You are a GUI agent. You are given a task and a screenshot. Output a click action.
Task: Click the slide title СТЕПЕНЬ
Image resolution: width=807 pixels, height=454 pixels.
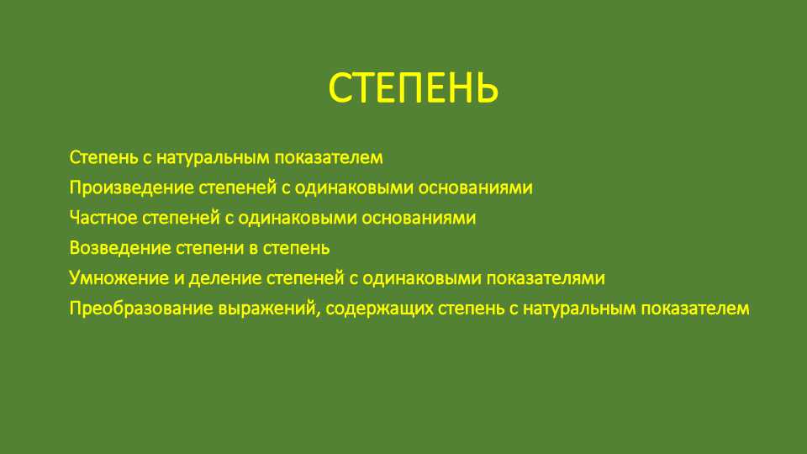click(414, 88)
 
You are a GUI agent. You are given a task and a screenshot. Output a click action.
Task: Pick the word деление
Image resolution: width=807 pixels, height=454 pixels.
click(225, 278)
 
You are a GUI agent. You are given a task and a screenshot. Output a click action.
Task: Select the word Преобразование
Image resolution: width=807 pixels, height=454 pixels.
click(141, 309)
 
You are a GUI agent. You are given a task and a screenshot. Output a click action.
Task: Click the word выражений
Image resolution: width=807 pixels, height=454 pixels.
click(266, 309)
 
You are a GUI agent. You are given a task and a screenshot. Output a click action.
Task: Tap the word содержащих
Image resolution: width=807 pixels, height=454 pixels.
click(379, 309)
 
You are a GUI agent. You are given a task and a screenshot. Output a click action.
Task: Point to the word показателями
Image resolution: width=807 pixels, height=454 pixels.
click(546, 278)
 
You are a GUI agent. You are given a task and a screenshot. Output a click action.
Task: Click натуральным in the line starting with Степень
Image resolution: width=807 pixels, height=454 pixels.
click(213, 158)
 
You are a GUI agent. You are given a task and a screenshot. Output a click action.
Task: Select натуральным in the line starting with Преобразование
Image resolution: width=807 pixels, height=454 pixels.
click(579, 309)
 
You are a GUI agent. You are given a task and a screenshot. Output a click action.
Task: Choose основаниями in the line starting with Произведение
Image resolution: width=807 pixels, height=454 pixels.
click(475, 187)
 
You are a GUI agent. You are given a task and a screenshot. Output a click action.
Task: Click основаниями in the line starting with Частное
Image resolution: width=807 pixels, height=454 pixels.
click(419, 219)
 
